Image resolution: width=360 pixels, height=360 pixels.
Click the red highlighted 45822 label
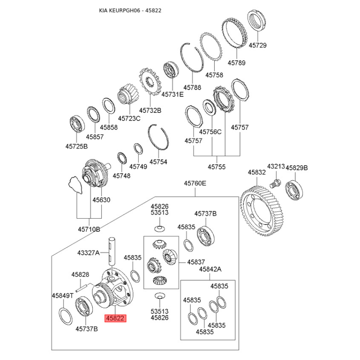pos(115,319)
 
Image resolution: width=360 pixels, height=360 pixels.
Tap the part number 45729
pos(258,45)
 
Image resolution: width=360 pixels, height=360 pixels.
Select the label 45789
pos(236,63)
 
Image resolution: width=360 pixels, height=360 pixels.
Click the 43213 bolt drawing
pos(274,183)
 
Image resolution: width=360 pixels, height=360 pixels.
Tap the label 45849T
pos(62,296)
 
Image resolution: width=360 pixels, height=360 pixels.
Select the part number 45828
pos(81,274)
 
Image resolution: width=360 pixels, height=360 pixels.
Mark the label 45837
pos(196,262)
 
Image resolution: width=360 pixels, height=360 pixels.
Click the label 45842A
pos(211,269)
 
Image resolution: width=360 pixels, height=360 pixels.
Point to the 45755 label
pos(216,167)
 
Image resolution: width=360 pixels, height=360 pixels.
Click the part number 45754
pos(158,162)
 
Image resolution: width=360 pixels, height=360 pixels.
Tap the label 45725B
pos(76,146)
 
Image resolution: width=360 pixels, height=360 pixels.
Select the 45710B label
pos(89,229)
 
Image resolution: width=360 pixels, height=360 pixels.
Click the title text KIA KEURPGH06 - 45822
pos(130,10)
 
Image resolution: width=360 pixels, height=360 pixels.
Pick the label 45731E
pos(173,94)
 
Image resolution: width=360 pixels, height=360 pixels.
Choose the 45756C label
pos(211,132)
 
